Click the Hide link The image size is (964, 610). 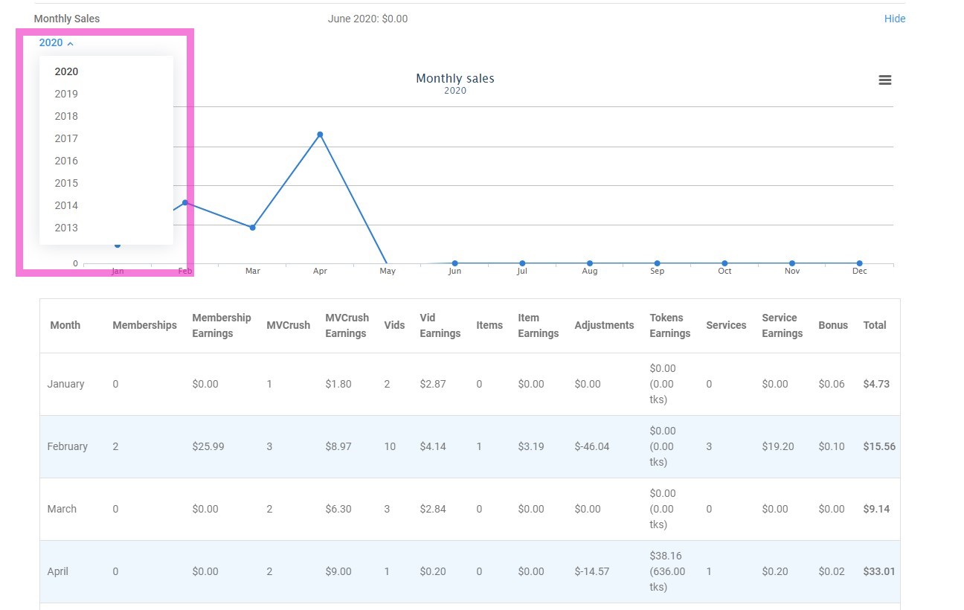point(894,19)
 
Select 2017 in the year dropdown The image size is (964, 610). point(66,138)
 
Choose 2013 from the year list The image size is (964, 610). point(66,228)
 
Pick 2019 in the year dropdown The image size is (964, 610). point(66,94)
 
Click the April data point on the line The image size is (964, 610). point(320,135)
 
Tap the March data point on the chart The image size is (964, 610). point(253,227)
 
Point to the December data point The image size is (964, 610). point(859,263)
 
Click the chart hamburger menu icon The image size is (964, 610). point(884,80)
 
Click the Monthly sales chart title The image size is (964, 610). point(454,78)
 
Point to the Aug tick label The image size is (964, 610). point(589,272)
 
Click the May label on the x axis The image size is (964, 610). point(388,272)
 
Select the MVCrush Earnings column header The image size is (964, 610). point(347,325)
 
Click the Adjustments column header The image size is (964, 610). point(604,325)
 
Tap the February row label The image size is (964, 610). point(67,446)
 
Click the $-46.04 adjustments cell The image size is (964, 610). point(591,446)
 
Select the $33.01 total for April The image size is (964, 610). point(878,571)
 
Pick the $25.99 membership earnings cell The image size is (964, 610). point(208,446)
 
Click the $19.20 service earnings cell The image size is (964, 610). point(778,446)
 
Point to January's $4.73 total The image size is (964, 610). point(876,384)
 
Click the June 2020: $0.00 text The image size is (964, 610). point(367,19)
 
